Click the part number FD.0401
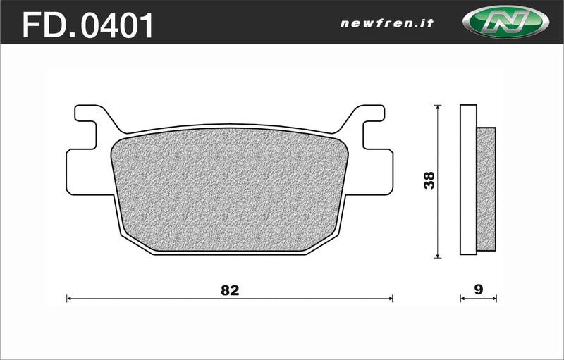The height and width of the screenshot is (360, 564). tap(88, 26)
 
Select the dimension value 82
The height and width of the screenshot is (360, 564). tap(230, 290)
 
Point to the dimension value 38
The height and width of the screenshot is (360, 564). tap(429, 180)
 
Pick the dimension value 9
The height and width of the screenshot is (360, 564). tap(479, 290)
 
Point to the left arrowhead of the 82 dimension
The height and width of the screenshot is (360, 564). tap(69, 299)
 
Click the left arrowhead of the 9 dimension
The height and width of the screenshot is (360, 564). tap(462, 299)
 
